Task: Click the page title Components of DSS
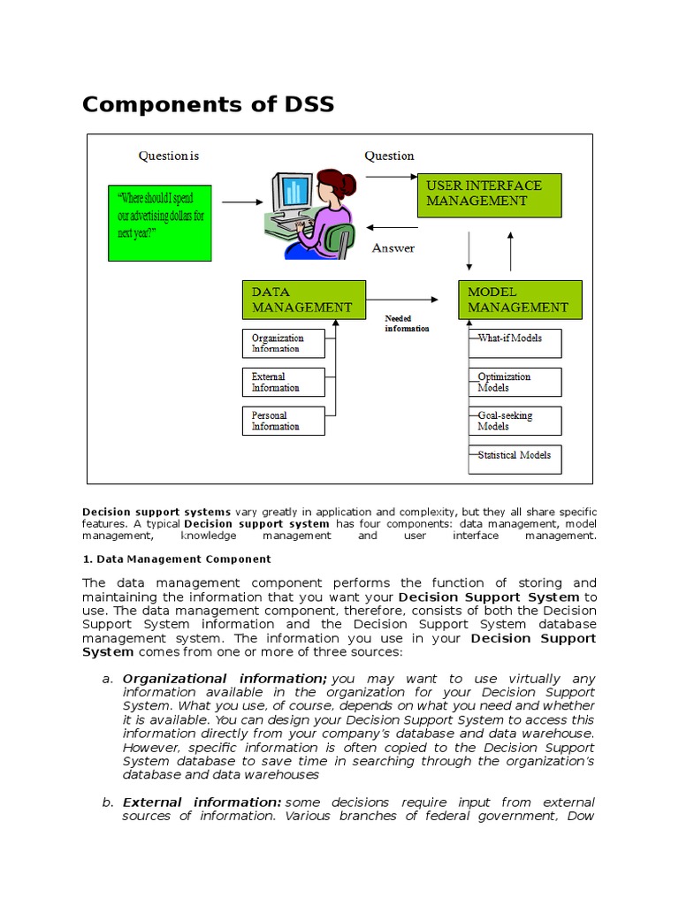(x=208, y=104)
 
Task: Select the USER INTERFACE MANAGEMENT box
(x=489, y=194)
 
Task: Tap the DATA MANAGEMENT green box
(x=303, y=300)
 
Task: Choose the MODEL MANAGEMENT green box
(x=520, y=300)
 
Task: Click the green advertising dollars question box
(x=159, y=223)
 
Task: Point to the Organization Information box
(x=283, y=343)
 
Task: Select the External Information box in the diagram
(x=283, y=382)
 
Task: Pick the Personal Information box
(x=283, y=421)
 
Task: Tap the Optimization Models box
(x=515, y=382)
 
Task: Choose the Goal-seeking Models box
(x=515, y=421)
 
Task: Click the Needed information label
(x=407, y=323)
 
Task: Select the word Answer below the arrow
(x=393, y=248)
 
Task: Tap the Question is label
(x=168, y=156)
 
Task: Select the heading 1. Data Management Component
(x=177, y=559)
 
